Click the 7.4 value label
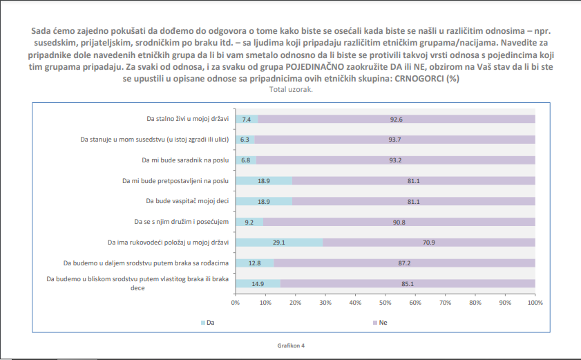(246, 119)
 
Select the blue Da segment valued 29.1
(279, 243)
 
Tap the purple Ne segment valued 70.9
(429, 243)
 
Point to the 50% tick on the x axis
(385, 303)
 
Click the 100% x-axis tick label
(533, 303)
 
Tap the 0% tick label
(236, 303)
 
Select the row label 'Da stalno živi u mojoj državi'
(188, 119)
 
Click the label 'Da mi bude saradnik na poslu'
(185, 160)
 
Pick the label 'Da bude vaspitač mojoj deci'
(187, 201)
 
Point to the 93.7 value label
(394, 140)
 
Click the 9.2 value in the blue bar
(249, 222)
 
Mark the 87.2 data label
(404, 263)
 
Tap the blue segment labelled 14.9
(258, 283)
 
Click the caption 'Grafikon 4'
(291, 345)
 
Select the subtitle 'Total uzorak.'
(291, 89)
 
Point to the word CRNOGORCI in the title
(419, 79)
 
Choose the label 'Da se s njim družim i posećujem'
(181, 222)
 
